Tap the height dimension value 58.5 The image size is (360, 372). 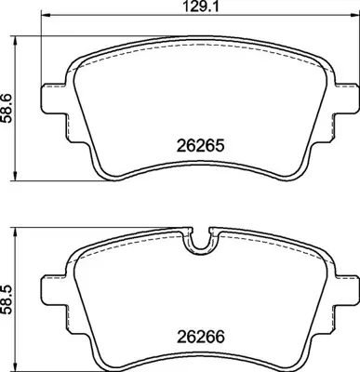[8, 297]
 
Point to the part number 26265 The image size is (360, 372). [201, 145]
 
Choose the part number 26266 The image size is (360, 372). [201, 340]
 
